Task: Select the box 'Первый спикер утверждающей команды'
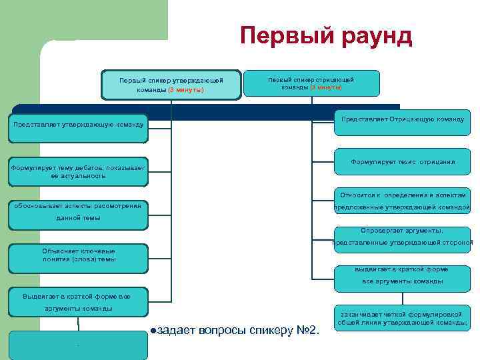pyautogui.click(x=171, y=85)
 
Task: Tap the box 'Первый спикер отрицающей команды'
pyautogui.click(x=311, y=83)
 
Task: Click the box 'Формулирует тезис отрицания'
pyautogui.click(x=402, y=161)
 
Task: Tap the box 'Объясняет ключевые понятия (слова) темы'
pyautogui.click(x=79, y=255)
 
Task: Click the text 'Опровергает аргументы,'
pyautogui.click(x=402, y=231)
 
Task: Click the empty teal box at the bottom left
pyautogui.click(x=79, y=345)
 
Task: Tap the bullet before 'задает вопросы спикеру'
pyautogui.click(x=153, y=330)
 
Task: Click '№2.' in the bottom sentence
pyautogui.click(x=307, y=330)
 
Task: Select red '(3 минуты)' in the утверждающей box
pyautogui.click(x=186, y=89)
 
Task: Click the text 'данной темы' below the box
pyautogui.click(x=79, y=218)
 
